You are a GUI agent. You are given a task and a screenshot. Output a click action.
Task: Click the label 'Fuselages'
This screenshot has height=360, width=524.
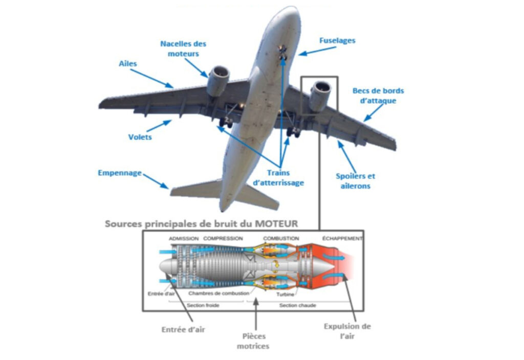[337, 40]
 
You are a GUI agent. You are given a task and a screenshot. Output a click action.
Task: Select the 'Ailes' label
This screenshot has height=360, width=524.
[128, 64]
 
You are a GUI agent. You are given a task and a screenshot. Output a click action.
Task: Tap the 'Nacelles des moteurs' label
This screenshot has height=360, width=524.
[183, 49]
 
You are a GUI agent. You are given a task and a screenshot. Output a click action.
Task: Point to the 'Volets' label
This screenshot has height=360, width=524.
[140, 137]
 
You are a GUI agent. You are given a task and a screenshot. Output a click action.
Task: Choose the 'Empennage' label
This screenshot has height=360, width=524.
[120, 173]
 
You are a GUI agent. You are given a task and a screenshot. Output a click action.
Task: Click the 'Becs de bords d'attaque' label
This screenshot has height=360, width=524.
[378, 96]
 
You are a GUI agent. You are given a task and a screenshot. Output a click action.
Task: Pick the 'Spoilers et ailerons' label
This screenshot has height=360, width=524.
[355, 181]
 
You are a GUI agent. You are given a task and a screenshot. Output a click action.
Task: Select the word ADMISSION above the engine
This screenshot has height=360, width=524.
[184, 239]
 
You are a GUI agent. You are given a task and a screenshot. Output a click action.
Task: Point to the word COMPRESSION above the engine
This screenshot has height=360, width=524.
[223, 239]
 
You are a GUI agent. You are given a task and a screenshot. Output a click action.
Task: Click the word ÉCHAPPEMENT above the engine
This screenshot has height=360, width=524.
[342, 239]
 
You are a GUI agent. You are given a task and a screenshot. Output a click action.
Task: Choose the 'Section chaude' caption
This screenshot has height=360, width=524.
[297, 305]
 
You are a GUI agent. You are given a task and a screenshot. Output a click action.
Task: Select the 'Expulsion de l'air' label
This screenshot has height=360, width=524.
[347, 331]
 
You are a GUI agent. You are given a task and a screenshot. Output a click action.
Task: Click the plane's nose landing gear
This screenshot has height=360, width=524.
[282, 51]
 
